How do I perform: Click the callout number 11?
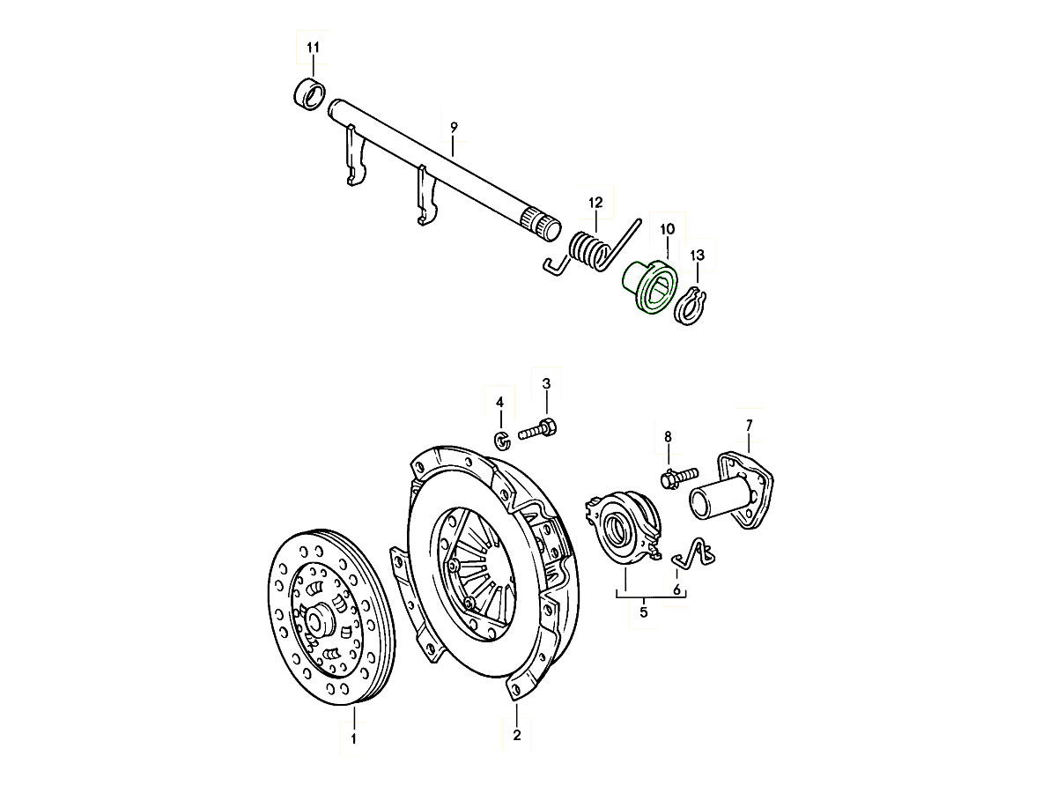click(x=313, y=46)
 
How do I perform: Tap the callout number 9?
click(x=454, y=128)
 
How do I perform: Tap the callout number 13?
click(x=698, y=256)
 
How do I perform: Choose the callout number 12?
click(x=595, y=201)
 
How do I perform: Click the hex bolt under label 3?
click(x=539, y=432)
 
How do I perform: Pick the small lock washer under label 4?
click(x=500, y=440)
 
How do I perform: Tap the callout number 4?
click(x=499, y=402)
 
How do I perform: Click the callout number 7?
click(x=749, y=426)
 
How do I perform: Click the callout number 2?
click(x=517, y=735)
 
